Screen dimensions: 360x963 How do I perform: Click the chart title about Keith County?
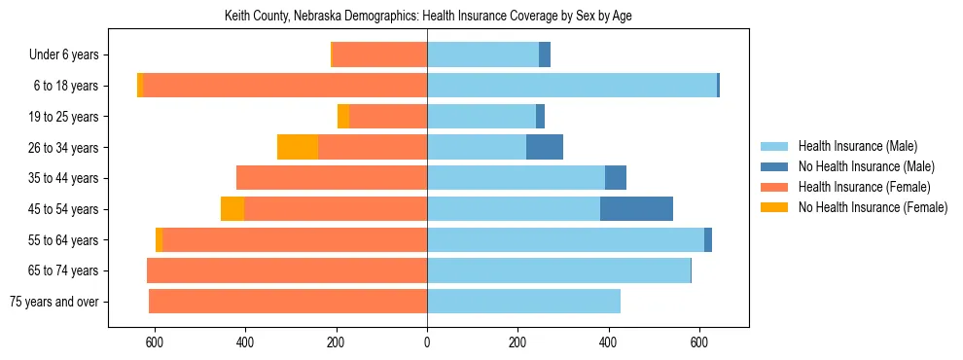click(x=428, y=17)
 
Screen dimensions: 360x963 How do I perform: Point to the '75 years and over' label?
click(x=53, y=302)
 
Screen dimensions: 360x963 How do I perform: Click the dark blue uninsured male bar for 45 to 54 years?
click(x=636, y=209)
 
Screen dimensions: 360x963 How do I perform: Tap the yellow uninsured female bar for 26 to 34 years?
click(x=298, y=148)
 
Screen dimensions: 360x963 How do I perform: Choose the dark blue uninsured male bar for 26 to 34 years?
click(x=545, y=148)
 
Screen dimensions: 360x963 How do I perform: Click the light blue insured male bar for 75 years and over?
click(x=523, y=302)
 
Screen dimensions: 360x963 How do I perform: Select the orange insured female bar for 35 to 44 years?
click(x=332, y=178)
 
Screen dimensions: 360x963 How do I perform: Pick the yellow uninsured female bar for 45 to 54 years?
click(x=232, y=209)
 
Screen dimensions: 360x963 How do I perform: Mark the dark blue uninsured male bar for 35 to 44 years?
click(x=616, y=178)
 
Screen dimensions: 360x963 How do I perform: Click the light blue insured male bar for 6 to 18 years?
click(x=572, y=86)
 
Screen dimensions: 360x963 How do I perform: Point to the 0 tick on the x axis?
click(x=427, y=342)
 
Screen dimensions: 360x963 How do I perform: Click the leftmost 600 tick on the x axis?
click(x=155, y=342)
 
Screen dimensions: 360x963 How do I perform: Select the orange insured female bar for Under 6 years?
click(x=379, y=55)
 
